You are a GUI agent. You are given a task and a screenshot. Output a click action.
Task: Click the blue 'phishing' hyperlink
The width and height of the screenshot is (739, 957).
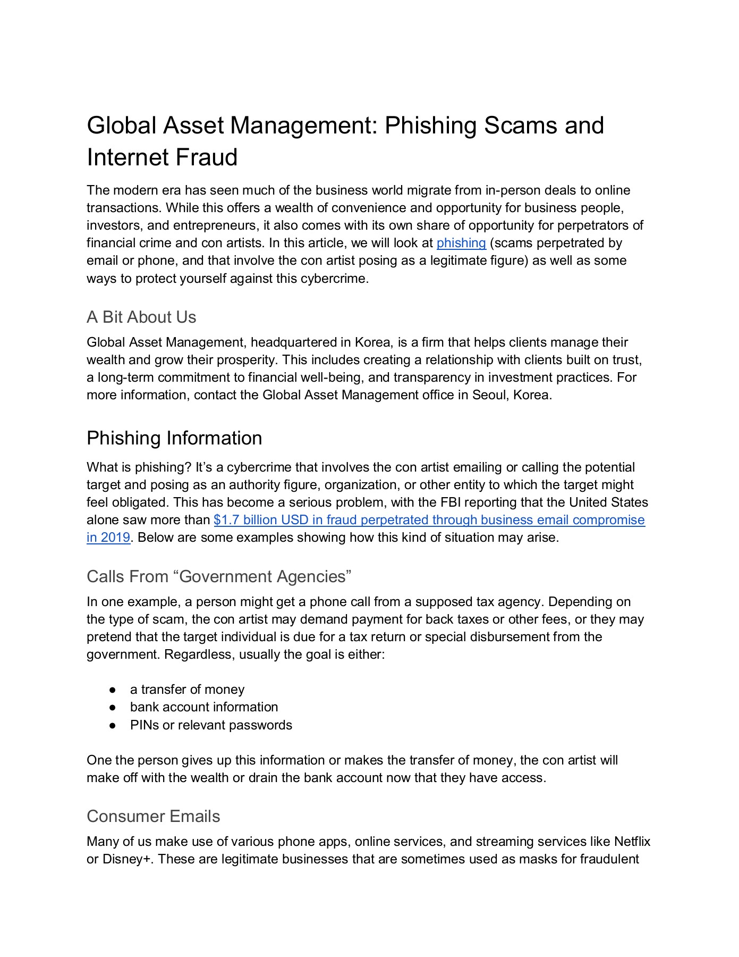click(461, 243)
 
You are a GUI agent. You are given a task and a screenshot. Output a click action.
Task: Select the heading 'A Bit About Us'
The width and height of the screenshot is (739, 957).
click(141, 317)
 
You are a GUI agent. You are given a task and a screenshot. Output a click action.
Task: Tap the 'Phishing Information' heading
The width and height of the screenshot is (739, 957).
click(174, 438)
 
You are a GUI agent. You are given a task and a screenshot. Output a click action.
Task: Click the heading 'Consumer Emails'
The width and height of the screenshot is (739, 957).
click(153, 816)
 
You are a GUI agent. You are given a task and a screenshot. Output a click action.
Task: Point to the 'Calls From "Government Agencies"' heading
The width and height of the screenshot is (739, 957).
click(219, 576)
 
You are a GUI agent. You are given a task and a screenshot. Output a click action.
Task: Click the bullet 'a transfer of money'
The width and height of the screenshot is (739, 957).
click(187, 690)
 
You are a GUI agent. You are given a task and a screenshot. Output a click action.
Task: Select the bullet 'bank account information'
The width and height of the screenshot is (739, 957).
click(203, 707)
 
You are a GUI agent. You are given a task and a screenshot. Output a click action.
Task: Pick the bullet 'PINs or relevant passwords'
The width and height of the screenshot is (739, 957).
click(211, 725)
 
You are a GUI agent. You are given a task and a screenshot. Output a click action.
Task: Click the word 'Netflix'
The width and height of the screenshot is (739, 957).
click(632, 842)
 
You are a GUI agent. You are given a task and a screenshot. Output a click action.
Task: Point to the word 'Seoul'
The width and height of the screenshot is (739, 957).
click(490, 395)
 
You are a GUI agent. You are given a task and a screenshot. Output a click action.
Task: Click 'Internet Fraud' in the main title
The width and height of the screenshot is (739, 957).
click(162, 157)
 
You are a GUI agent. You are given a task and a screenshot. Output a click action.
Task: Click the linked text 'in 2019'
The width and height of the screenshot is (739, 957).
click(108, 538)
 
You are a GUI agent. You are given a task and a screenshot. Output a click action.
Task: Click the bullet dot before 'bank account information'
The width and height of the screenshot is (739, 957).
click(113, 708)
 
